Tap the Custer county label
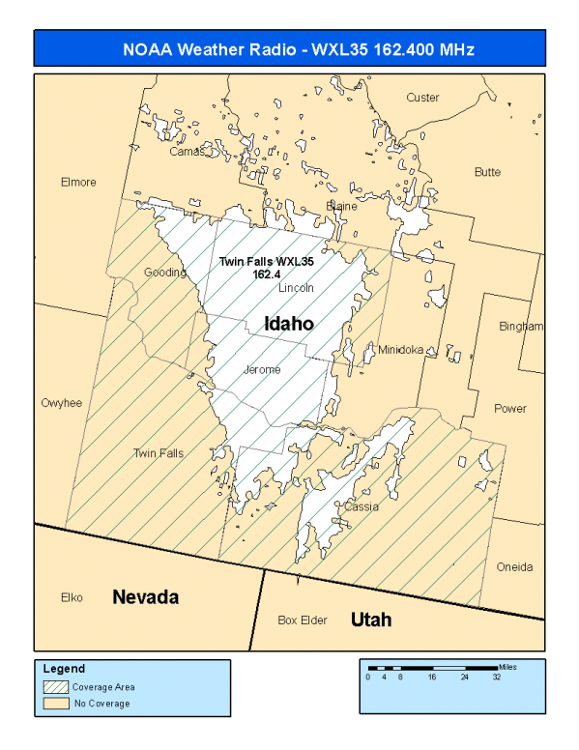pos(422,98)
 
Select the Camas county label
pos(188,152)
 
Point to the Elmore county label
pos(78,183)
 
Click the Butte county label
pos(487,172)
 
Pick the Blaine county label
pos(342,207)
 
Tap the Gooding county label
pos(164,273)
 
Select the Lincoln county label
pos(296,289)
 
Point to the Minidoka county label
pos(400,350)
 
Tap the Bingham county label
pos(521,327)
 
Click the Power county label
pos(510,409)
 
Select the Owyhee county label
pos(62,403)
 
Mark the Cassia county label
pos(362,506)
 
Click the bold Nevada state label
pos(146,597)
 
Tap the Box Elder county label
pos(302,620)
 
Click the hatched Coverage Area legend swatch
pos(57,687)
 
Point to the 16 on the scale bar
pos(432,678)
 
